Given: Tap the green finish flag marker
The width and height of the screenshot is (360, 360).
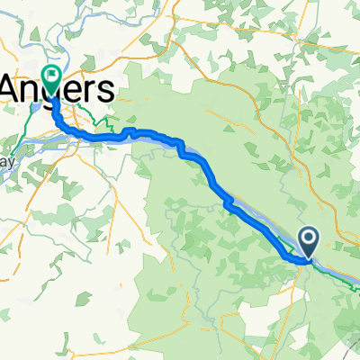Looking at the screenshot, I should tap(51, 78).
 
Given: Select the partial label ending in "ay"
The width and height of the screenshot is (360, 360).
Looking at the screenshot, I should tap(9, 164).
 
